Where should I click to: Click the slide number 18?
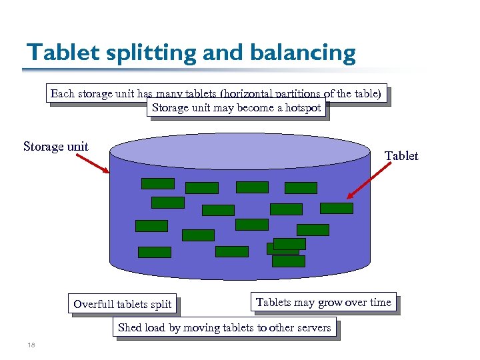tap(31, 345)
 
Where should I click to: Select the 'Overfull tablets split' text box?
tap(123, 305)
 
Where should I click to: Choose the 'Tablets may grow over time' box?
tap(323, 303)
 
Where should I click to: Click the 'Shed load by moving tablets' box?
tap(224, 328)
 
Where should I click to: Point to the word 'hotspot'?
tap(303, 107)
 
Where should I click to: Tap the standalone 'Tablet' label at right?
tap(401, 155)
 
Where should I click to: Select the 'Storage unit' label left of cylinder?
tap(56, 146)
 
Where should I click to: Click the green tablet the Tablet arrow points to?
tap(337, 208)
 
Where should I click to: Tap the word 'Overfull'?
tap(94, 305)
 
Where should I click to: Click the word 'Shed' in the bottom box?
tap(129, 328)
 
